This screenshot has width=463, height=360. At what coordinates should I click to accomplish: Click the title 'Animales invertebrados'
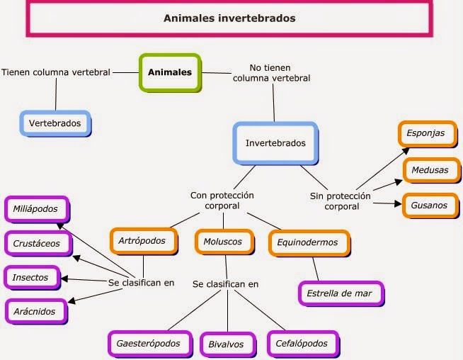(x=230, y=18)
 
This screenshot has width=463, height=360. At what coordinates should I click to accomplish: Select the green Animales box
(x=170, y=72)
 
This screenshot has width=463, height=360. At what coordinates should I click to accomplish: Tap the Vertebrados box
(x=55, y=123)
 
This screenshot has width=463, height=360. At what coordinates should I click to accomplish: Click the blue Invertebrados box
(x=275, y=143)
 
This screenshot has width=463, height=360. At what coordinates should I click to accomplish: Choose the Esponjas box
(x=425, y=133)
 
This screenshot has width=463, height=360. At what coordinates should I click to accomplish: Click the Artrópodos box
(x=142, y=241)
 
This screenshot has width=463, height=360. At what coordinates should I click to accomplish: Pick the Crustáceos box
(x=41, y=243)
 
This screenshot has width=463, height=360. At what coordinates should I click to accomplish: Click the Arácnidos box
(x=35, y=310)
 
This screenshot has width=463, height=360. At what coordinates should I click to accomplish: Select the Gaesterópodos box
(x=149, y=344)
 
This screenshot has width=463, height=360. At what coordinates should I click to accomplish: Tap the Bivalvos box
(x=226, y=344)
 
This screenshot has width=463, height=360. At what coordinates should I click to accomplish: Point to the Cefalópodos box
(x=302, y=344)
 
